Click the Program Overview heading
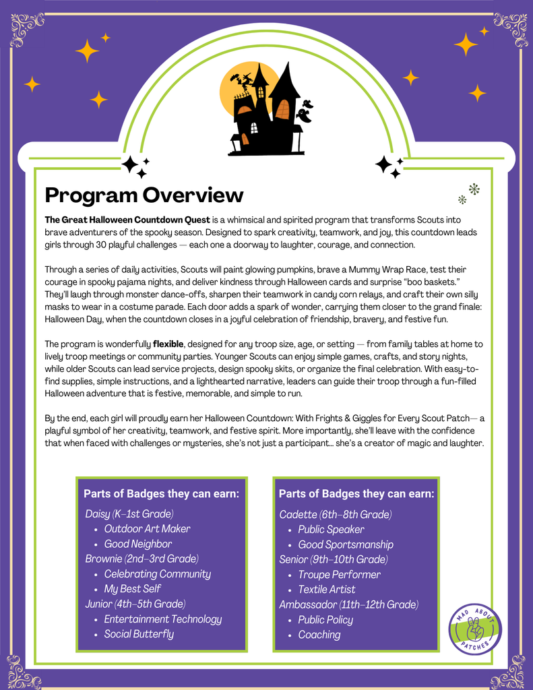pos(144,195)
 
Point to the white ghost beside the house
pos(305,111)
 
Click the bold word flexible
pos(167,344)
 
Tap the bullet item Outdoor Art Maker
pos(147,529)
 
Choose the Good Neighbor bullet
pos(137,544)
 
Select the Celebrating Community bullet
pos(157,574)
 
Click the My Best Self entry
pos(132,589)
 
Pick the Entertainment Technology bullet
pos(162,619)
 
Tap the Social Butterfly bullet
pos(139,634)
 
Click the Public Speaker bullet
pos(331,530)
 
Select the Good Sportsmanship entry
pos(346,544)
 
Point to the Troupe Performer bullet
pos(339,575)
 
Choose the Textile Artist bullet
pos(327,590)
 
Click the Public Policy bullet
pos(325,620)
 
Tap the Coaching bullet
pos(319,635)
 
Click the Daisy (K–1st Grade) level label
pos(129,514)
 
